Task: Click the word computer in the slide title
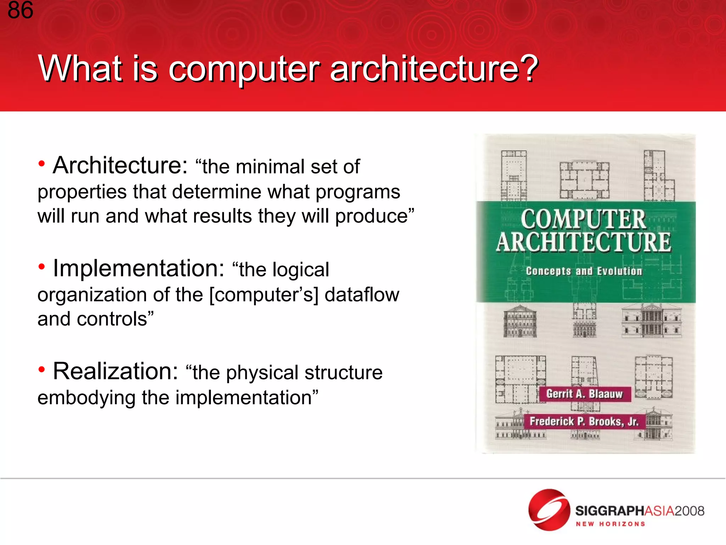tap(244, 69)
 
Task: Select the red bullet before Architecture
tap(42, 164)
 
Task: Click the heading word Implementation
tap(138, 268)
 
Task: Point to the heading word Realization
tap(115, 371)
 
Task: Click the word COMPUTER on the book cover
tap(583, 219)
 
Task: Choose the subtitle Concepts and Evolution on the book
tap(584, 271)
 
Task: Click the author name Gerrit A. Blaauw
tap(584, 394)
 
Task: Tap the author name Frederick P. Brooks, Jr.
tap(584, 422)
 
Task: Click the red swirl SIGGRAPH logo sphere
tap(549, 510)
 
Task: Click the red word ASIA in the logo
tap(659, 511)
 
